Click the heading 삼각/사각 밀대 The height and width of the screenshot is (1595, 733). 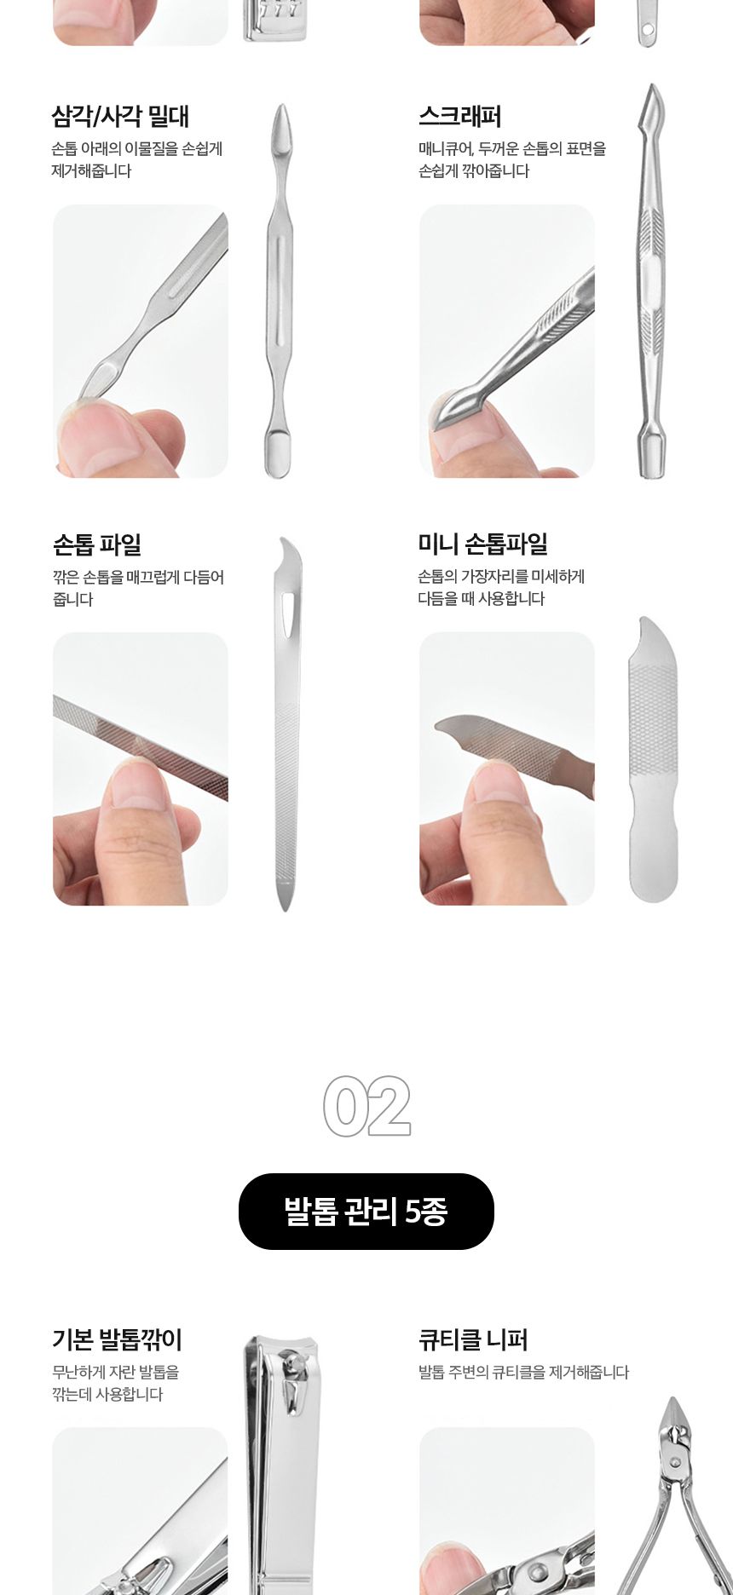pos(120,117)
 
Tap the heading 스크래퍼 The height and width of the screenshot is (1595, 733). pos(459,117)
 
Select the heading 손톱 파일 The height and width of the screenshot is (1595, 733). pos(96,544)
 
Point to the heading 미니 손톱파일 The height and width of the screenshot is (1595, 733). pos(482,544)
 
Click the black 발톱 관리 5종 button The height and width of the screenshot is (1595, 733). pos(366,1211)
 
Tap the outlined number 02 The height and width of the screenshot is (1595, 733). pos(366,1106)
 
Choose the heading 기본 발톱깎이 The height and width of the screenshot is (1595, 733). pos(117,1339)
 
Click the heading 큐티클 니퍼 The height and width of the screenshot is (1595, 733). pos(473,1339)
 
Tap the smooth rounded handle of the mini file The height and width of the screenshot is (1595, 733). pos(653,861)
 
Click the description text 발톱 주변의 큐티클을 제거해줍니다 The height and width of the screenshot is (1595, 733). pos(523,1372)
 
